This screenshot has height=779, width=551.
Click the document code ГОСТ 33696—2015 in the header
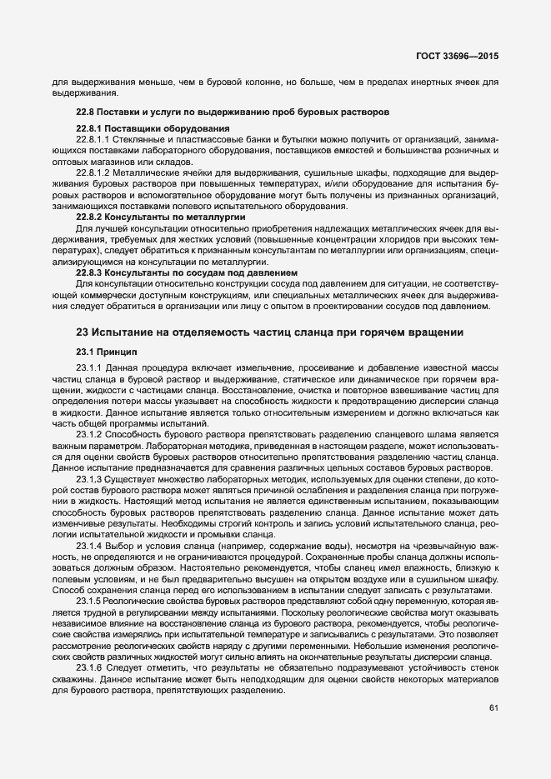(463, 54)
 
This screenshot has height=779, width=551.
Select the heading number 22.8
(85, 112)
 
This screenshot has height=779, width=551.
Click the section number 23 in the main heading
(83, 332)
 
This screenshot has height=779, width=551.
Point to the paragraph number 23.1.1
(88, 367)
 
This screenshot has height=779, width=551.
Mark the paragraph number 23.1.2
(88, 434)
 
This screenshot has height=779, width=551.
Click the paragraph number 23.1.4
(88, 545)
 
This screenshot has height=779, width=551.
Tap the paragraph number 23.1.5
(88, 601)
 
